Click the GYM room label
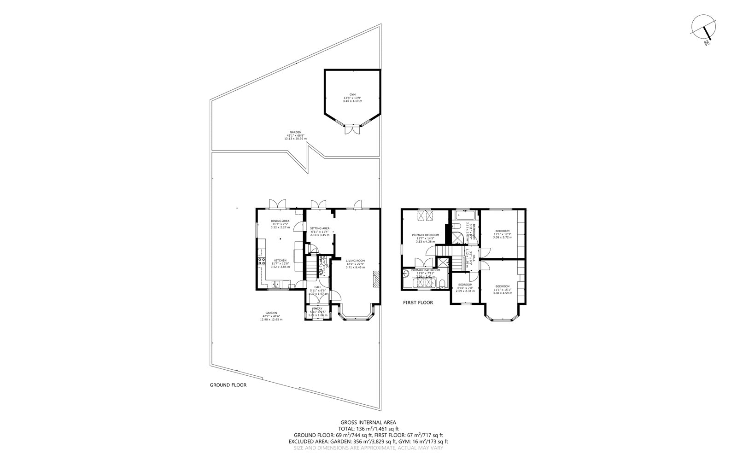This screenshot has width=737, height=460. (352, 94)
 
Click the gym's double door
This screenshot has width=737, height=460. (352, 130)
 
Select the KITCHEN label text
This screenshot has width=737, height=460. (281, 260)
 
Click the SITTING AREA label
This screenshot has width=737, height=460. (319, 228)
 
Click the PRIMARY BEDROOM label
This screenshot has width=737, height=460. (425, 235)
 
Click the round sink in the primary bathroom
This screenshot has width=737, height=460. (406, 273)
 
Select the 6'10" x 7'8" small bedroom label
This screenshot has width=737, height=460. (465, 288)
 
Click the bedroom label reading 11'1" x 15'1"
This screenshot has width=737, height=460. (502, 289)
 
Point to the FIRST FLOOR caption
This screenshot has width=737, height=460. (418, 303)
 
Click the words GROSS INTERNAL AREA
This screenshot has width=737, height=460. (368, 422)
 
